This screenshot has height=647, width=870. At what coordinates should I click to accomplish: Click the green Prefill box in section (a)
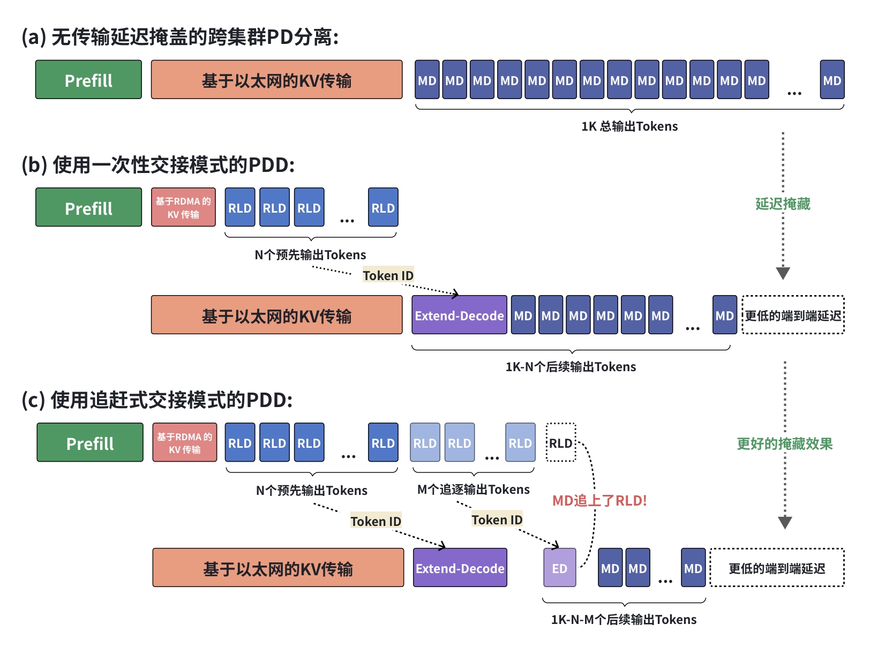click(88, 80)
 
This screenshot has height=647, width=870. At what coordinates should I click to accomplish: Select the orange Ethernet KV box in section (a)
click(276, 80)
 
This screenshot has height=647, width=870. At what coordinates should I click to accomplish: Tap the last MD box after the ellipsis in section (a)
click(832, 80)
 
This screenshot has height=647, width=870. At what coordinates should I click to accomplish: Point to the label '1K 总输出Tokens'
click(629, 126)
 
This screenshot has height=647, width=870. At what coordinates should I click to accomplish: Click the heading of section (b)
click(158, 164)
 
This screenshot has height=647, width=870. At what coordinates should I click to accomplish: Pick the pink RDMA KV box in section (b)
click(183, 207)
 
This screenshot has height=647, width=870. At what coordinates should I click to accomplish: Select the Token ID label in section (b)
click(388, 275)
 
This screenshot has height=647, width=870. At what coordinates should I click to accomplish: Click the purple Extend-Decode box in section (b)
click(459, 315)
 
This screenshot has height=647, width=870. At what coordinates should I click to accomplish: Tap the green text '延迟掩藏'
click(783, 204)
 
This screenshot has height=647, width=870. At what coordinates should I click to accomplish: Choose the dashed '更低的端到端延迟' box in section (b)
click(793, 315)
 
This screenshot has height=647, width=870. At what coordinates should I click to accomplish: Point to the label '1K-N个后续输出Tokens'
click(571, 367)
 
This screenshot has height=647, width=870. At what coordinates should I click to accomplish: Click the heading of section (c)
click(157, 400)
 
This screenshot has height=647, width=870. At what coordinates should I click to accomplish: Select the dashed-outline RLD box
click(561, 442)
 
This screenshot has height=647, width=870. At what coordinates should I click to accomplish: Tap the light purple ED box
click(560, 568)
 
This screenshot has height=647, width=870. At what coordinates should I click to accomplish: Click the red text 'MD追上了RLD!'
click(599, 501)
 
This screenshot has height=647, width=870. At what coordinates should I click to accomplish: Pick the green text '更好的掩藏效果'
click(784, 444)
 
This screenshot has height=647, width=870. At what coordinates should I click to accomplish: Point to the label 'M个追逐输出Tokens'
click(474, 490)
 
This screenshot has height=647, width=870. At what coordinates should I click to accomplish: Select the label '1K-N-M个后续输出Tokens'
click(624, 620)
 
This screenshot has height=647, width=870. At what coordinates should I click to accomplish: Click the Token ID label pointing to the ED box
click(497, 520)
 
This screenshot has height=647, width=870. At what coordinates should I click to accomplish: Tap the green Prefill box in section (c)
click(90, 442)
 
